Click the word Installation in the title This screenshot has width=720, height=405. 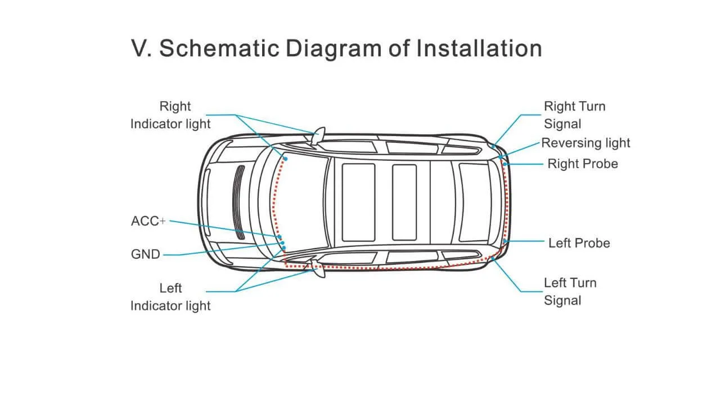pos(479,48)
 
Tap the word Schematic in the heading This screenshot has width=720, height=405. pos(219,48)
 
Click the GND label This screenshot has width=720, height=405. pos(146,254)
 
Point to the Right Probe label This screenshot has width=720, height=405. pos(583,164)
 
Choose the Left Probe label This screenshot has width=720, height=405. pos(579,243)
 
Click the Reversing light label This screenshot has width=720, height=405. pos(586,143)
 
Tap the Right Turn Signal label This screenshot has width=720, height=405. pos(574,115)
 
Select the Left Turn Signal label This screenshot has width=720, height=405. pos(570,291)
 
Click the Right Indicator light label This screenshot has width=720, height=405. pos(170,115)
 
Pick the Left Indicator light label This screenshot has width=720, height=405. pos(170,297)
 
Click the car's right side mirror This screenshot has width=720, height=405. pos(318,136)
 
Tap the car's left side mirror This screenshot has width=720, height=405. pos(318,271)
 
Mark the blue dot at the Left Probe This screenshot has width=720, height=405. pos(505,241)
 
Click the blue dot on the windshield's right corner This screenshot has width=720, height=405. pos(286,159)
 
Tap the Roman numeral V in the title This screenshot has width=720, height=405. pos(138,48)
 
